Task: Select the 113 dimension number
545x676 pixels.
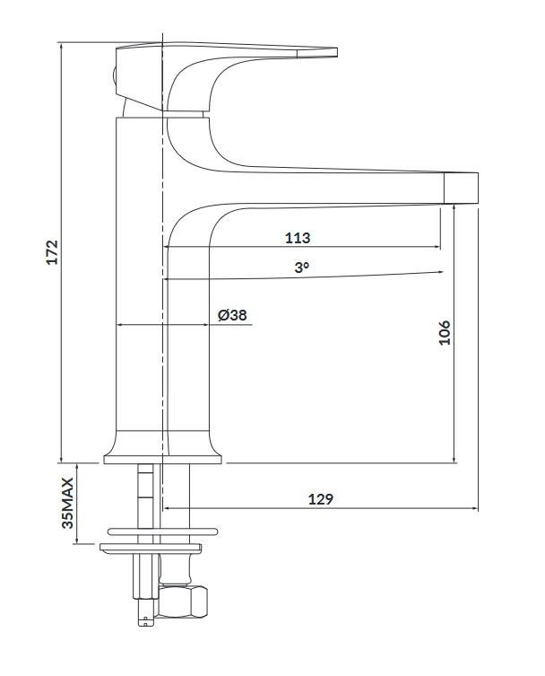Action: point(298,238)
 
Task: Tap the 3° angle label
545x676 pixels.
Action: point(301,267)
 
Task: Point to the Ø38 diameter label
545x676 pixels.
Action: point(232,315)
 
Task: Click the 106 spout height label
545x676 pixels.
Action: point(445,333)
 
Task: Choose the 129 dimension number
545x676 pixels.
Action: point(320,500)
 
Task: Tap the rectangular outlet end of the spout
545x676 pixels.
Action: point(462,187)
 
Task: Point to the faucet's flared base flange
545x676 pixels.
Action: point(162,459)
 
